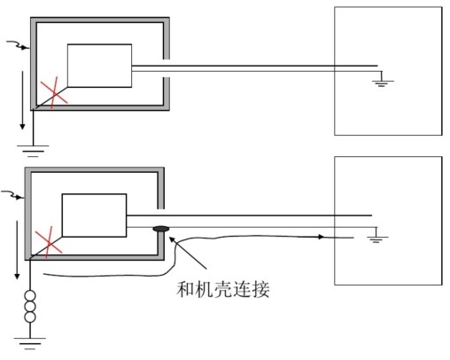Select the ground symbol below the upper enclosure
pos(34,145)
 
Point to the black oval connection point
pos(161,230)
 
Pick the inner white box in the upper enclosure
pos(99,66)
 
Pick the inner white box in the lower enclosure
pos(93,215)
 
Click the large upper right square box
pos(387,71)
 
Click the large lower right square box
pos(387,220)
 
